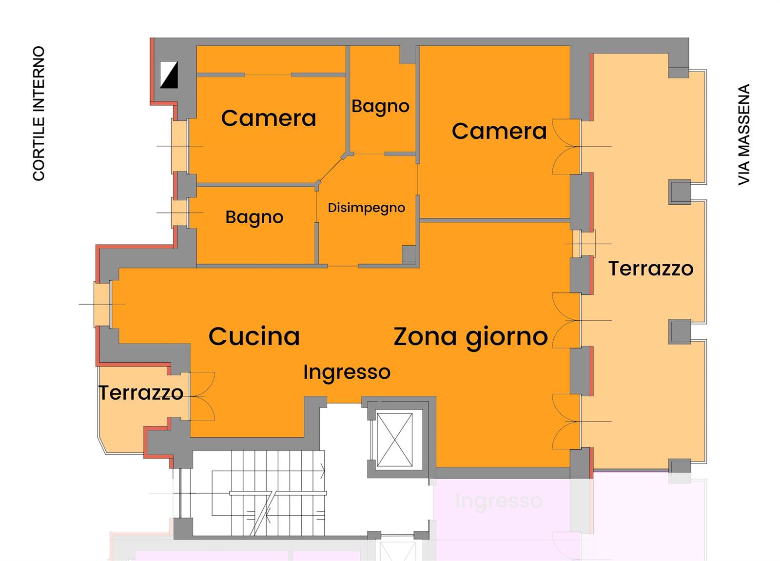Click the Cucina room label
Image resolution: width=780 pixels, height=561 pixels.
tap(254, 336)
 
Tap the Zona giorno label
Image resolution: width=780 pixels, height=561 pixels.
tap(471, 337)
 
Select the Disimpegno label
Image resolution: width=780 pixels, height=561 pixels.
tap(366, 208)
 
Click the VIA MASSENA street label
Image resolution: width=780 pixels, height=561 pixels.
tap(744, 135)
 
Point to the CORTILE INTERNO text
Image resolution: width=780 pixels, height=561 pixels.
tap(39, 114)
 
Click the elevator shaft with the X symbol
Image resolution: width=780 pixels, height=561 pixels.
tap(394, 440)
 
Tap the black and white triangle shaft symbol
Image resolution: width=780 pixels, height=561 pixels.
tap(169, 75)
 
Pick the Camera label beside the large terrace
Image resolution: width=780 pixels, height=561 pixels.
tap(499, 131)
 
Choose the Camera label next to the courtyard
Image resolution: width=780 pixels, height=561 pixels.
tap(269, 118)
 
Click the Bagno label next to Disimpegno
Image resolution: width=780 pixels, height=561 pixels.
tap(254, 217)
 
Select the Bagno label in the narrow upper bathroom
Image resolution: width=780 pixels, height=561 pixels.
tap(380, 106)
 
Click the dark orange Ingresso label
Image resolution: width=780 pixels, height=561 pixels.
tap(347, 372)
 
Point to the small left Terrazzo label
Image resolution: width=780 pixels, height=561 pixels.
tap(141, 393)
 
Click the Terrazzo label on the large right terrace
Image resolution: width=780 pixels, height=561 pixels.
tap(651, 269)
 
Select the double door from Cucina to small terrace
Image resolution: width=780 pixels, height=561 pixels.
tap(202, 396)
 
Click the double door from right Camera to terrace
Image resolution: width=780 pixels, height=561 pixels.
tap(566, 147)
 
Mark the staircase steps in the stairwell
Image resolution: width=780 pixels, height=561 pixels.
tap(268, 493)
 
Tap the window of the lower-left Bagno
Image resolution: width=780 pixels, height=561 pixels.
tap(179, 213)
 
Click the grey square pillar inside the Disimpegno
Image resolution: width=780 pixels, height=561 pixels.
tap(409, 254)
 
